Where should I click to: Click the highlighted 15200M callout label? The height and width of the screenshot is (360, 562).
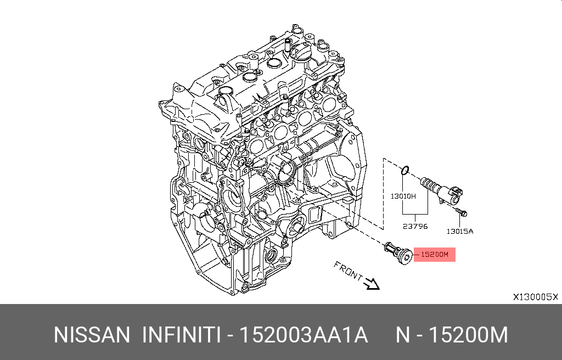tap(435, 255)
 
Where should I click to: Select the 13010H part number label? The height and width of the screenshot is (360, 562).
tap(403, 196)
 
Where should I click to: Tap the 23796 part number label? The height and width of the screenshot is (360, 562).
tap(415, 226)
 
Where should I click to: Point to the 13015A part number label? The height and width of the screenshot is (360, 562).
tap(460, 231)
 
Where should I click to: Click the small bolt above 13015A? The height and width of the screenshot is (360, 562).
tap(462, 212)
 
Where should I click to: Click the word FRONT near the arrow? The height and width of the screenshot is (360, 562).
tap(348, 271)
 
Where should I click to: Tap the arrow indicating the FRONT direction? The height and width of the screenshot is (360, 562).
tap(372, 284)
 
